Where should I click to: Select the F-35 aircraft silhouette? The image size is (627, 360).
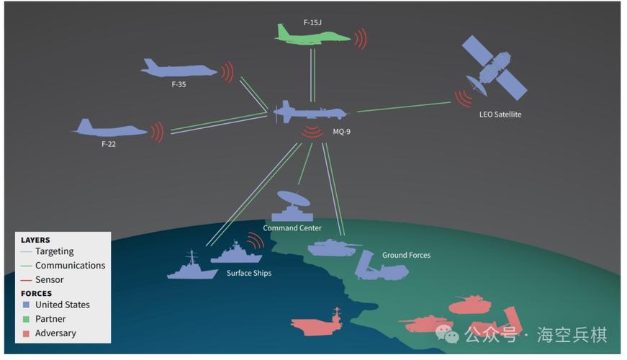tap(179, 69)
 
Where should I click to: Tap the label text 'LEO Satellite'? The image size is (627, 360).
tap(500, 114)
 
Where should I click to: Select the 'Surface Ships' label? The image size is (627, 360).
tap(249, 273)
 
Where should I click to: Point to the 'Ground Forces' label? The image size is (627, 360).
tap(406, 255)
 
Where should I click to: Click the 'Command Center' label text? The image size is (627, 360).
tap(292, 228)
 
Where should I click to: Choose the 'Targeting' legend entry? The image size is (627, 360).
tap(55, 251)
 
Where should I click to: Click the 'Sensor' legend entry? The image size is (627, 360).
tap(50, 279)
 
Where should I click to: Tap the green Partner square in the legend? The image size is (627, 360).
tap(26, 319)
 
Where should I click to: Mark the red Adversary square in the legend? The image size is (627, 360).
tap(26, 333)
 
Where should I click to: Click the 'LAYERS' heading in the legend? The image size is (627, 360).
tap(35, 240)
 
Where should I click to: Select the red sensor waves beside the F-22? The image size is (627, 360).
tap(158, 132)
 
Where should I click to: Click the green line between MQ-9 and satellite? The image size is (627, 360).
tap(403, 107)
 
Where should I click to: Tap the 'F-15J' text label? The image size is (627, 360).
tap(312, 22)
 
